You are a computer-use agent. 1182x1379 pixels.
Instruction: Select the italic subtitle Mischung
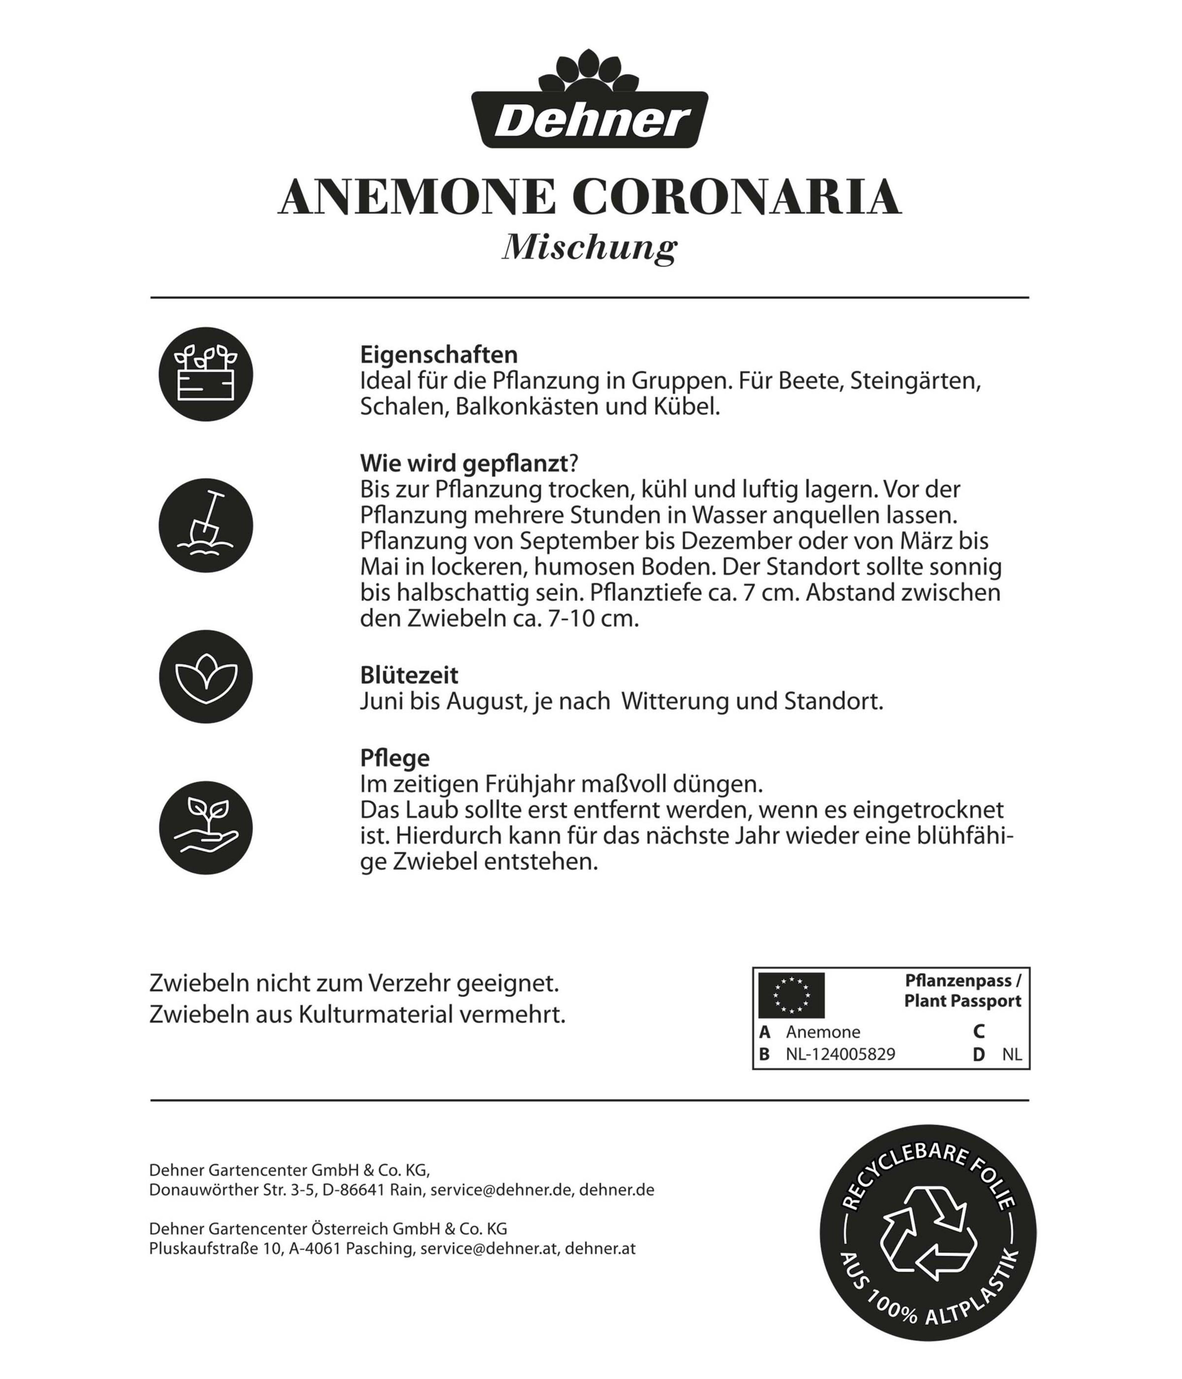pos(590,247)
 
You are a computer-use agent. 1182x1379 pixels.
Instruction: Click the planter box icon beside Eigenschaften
pos(206,374)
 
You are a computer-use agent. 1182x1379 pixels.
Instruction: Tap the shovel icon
pos(206,525)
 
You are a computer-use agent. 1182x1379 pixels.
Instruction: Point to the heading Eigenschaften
pos(439,354)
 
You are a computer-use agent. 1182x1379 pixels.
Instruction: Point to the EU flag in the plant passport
pos(791,995)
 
